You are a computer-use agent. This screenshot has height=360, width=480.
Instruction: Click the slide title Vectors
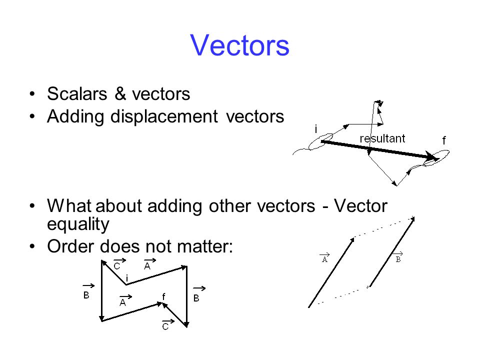click(x=239, y=45)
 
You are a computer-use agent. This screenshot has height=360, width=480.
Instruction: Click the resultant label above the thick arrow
click(x=382, y=138)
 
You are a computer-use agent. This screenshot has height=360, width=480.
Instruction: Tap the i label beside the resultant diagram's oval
click(x=316, y=129)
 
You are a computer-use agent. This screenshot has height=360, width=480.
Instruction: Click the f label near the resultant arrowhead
click(x=444, y=141)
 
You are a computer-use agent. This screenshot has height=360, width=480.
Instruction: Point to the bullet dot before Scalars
click(x=32, y=94)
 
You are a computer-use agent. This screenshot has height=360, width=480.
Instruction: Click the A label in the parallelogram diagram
click(x=324, y=259)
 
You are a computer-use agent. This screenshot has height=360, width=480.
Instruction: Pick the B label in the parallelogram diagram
click(x=398, y=259)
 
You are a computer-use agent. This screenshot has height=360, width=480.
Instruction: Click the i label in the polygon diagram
click(x=127, y=277)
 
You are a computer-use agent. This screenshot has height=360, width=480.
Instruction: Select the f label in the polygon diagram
click(x=163, y=295)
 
